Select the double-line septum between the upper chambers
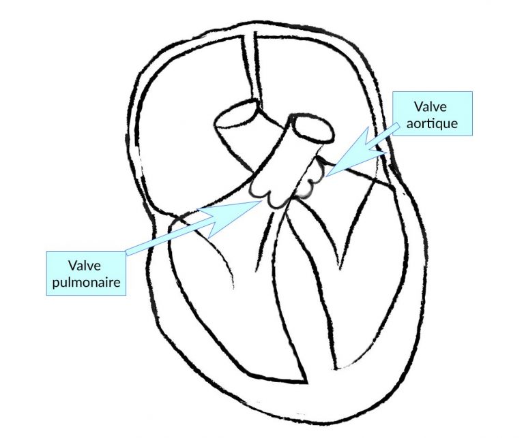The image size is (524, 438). point(249,68)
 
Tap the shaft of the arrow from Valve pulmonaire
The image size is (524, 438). point(171,235)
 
